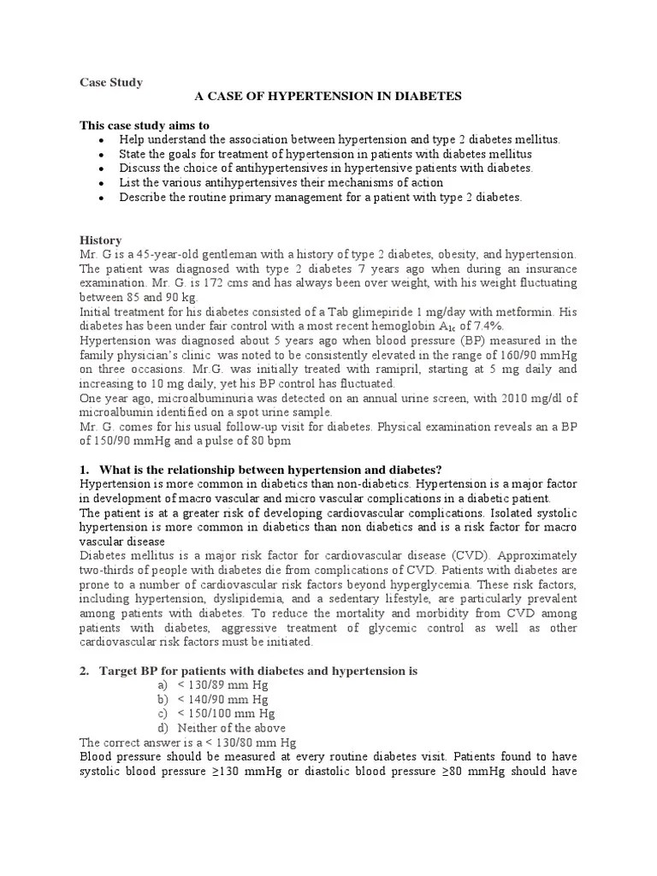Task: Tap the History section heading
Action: (100, 240)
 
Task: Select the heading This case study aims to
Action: (145, 126)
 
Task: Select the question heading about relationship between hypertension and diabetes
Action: (270, 470)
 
